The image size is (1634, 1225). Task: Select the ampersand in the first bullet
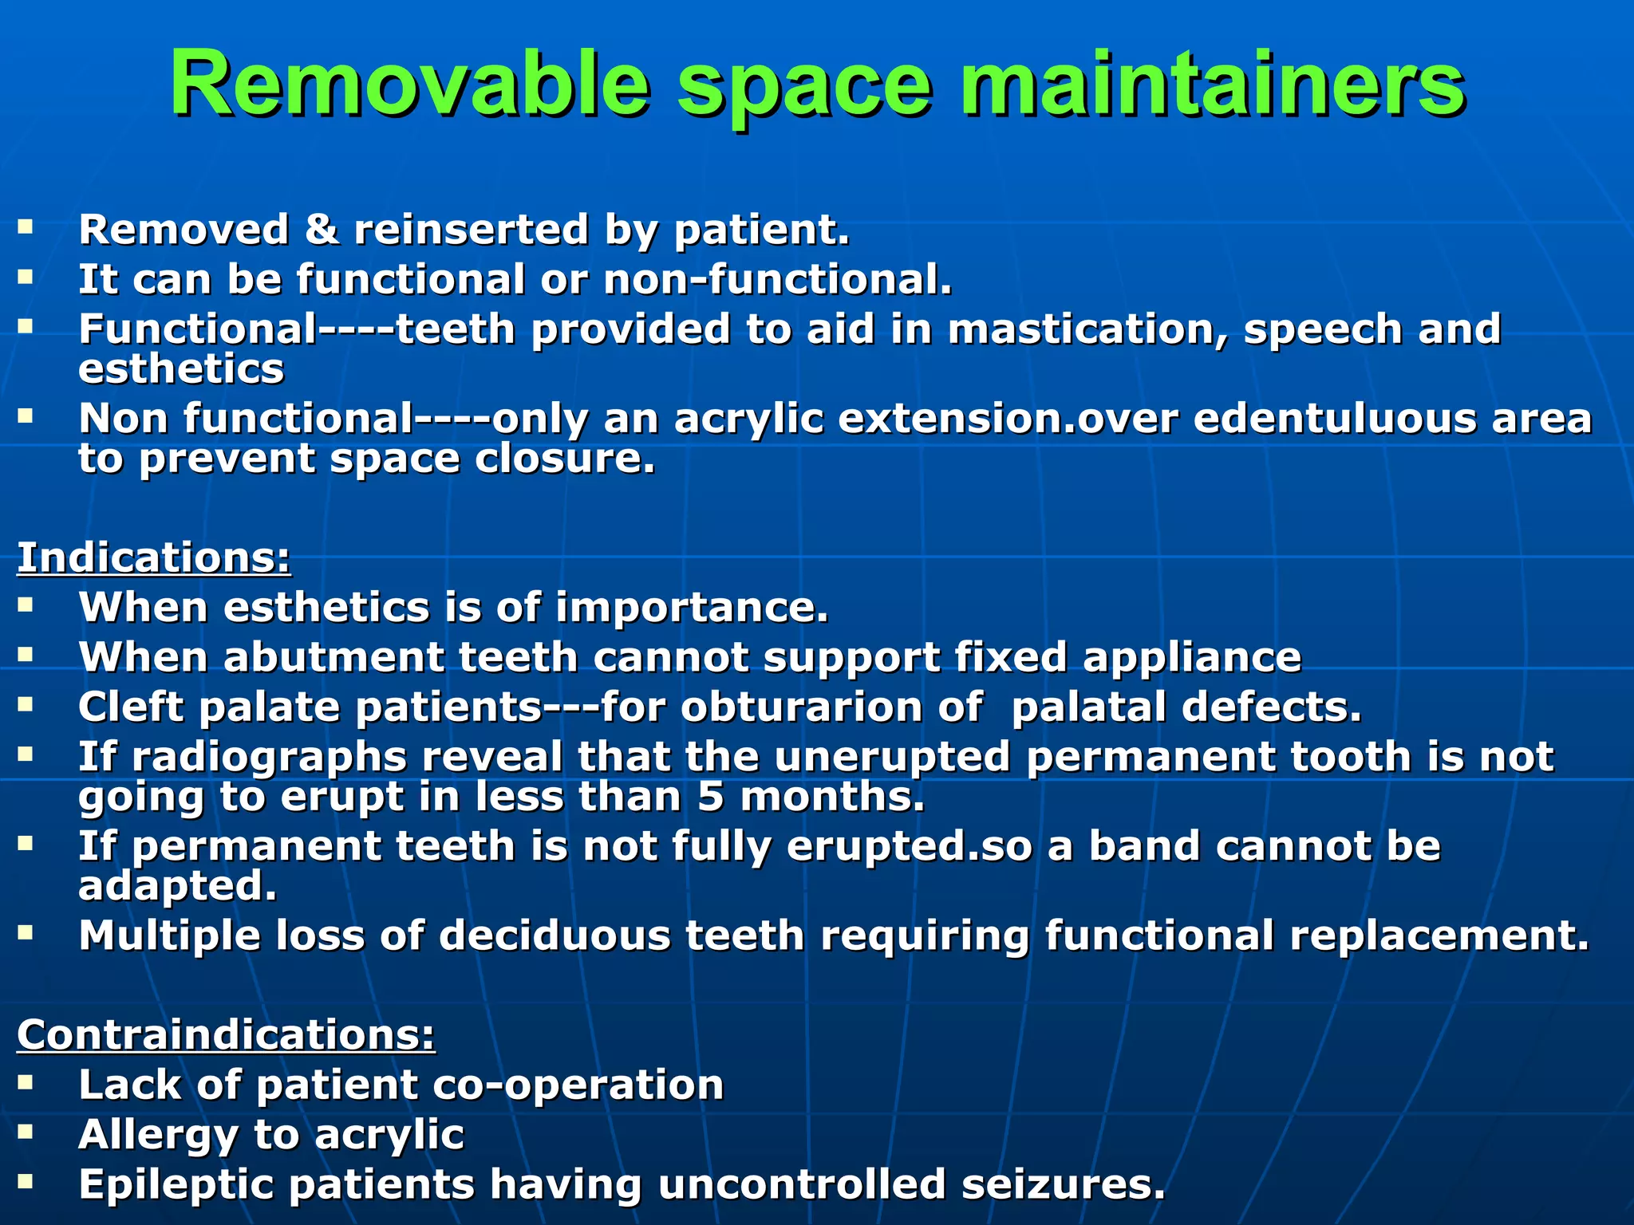coord(321,230)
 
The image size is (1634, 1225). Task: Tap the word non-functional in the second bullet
coord(778,280)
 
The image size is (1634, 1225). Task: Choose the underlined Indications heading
coord(154,557)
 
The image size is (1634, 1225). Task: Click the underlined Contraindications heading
coord(227,1034)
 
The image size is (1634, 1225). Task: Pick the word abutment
coord(333,657)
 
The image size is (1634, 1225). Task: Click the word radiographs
coord(270,757)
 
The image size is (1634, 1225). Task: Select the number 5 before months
coord(710,797)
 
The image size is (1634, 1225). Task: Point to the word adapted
coord(177,886)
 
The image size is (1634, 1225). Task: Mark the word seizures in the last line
coord(1063,1184)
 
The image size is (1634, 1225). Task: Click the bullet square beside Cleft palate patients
coord(26,703)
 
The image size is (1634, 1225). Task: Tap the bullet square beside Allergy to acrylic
coord(26,1131)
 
